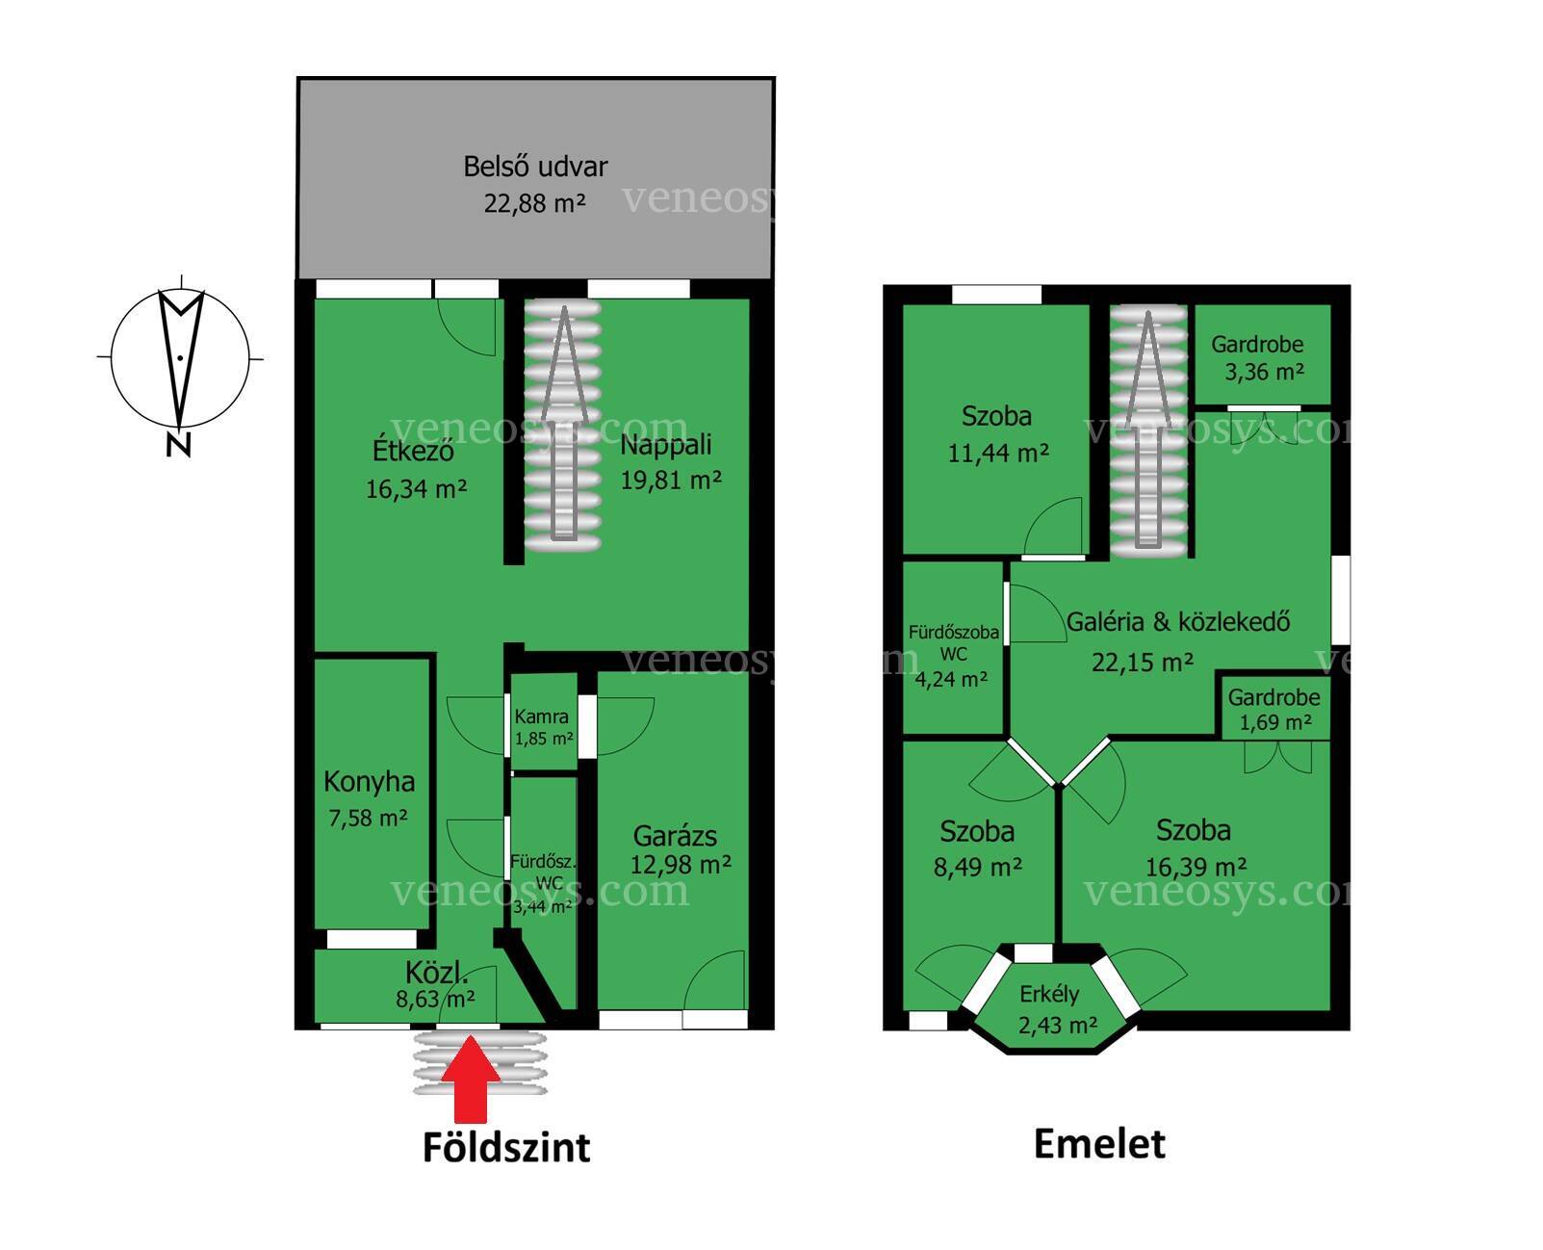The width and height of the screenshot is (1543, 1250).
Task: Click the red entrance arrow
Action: pyautogui.click(x=470, y=1079)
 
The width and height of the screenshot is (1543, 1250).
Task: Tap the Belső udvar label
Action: pyautogui.click(x=535, y=167)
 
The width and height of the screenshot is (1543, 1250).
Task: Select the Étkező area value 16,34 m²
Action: pyautogui.click(x=416, y=488)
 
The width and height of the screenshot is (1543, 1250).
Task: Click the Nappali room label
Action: pyautogui.click(x=666, y=444)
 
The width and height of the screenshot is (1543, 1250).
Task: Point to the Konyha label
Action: pyautogui.click(x=370, y=781)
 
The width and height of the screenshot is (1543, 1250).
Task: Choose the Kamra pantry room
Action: pyautogui.click(x=543, y=721)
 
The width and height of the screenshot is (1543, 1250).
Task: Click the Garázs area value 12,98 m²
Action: pyautogui.click(x=681, y=864)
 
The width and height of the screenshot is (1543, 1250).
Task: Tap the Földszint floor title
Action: pyautogui.click(x=506, y=1148)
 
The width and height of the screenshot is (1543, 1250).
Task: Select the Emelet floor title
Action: pyautogui.click(x=1099, y=1145)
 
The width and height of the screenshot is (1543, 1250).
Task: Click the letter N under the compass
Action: pyautogui.click(x=179, y=444)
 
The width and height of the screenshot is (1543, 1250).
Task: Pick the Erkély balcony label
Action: pyautogui.click(x=1049, y=994)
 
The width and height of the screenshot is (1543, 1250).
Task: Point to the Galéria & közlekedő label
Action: pyautogui.click(x=1178, y=622)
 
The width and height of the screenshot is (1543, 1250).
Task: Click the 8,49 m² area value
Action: pyautogui.click(x=977, y=867)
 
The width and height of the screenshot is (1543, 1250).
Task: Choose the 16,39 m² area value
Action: pyautogui.click(x=1196, y=866)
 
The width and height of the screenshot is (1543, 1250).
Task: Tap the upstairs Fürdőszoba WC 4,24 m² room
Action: pyautogui.click(x=953, y=648)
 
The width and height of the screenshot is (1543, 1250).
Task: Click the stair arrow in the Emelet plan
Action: pyautogui.click(x=1147, y=428)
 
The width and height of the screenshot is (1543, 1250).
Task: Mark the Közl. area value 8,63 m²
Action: pyautogui.click(x=435, y=1000)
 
